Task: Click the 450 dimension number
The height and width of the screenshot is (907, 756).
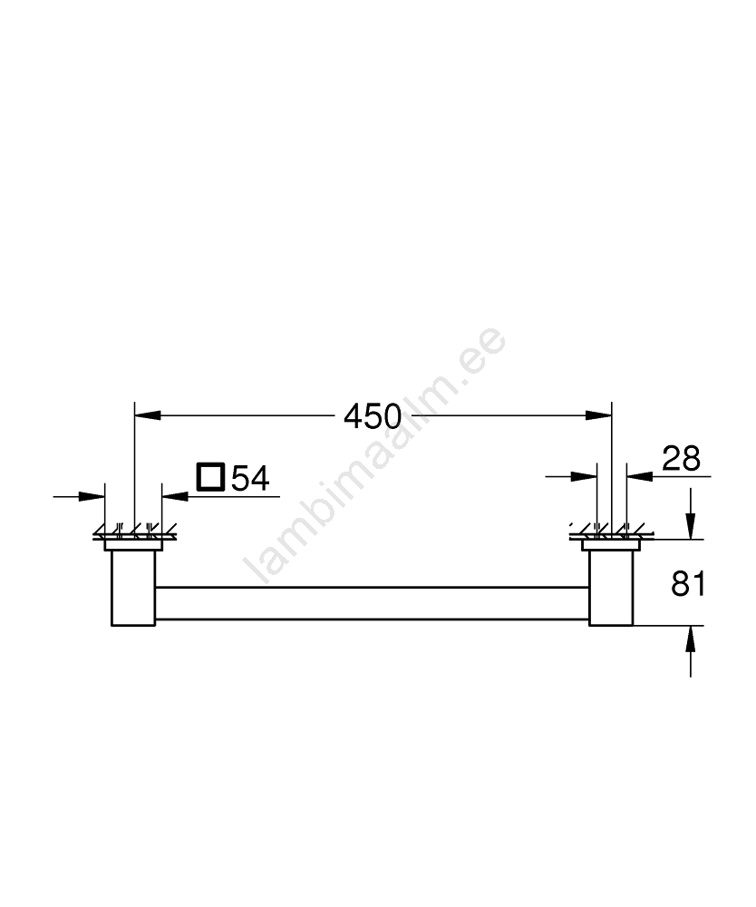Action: point(373,416)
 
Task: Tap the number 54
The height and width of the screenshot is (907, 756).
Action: point(250,478)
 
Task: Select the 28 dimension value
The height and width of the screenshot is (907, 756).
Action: point(681,458)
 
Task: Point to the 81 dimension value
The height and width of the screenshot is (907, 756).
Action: point(688,583)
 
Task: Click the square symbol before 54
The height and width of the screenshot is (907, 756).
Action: point(210,477)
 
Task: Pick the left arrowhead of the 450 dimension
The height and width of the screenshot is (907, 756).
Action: point(148,414)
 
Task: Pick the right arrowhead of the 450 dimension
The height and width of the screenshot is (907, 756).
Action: point(598,414)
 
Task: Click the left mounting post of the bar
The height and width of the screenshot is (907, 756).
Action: point(133,588)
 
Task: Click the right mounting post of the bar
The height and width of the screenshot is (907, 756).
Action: point(611,588)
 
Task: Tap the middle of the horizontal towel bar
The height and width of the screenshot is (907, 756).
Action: point(373,603)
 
